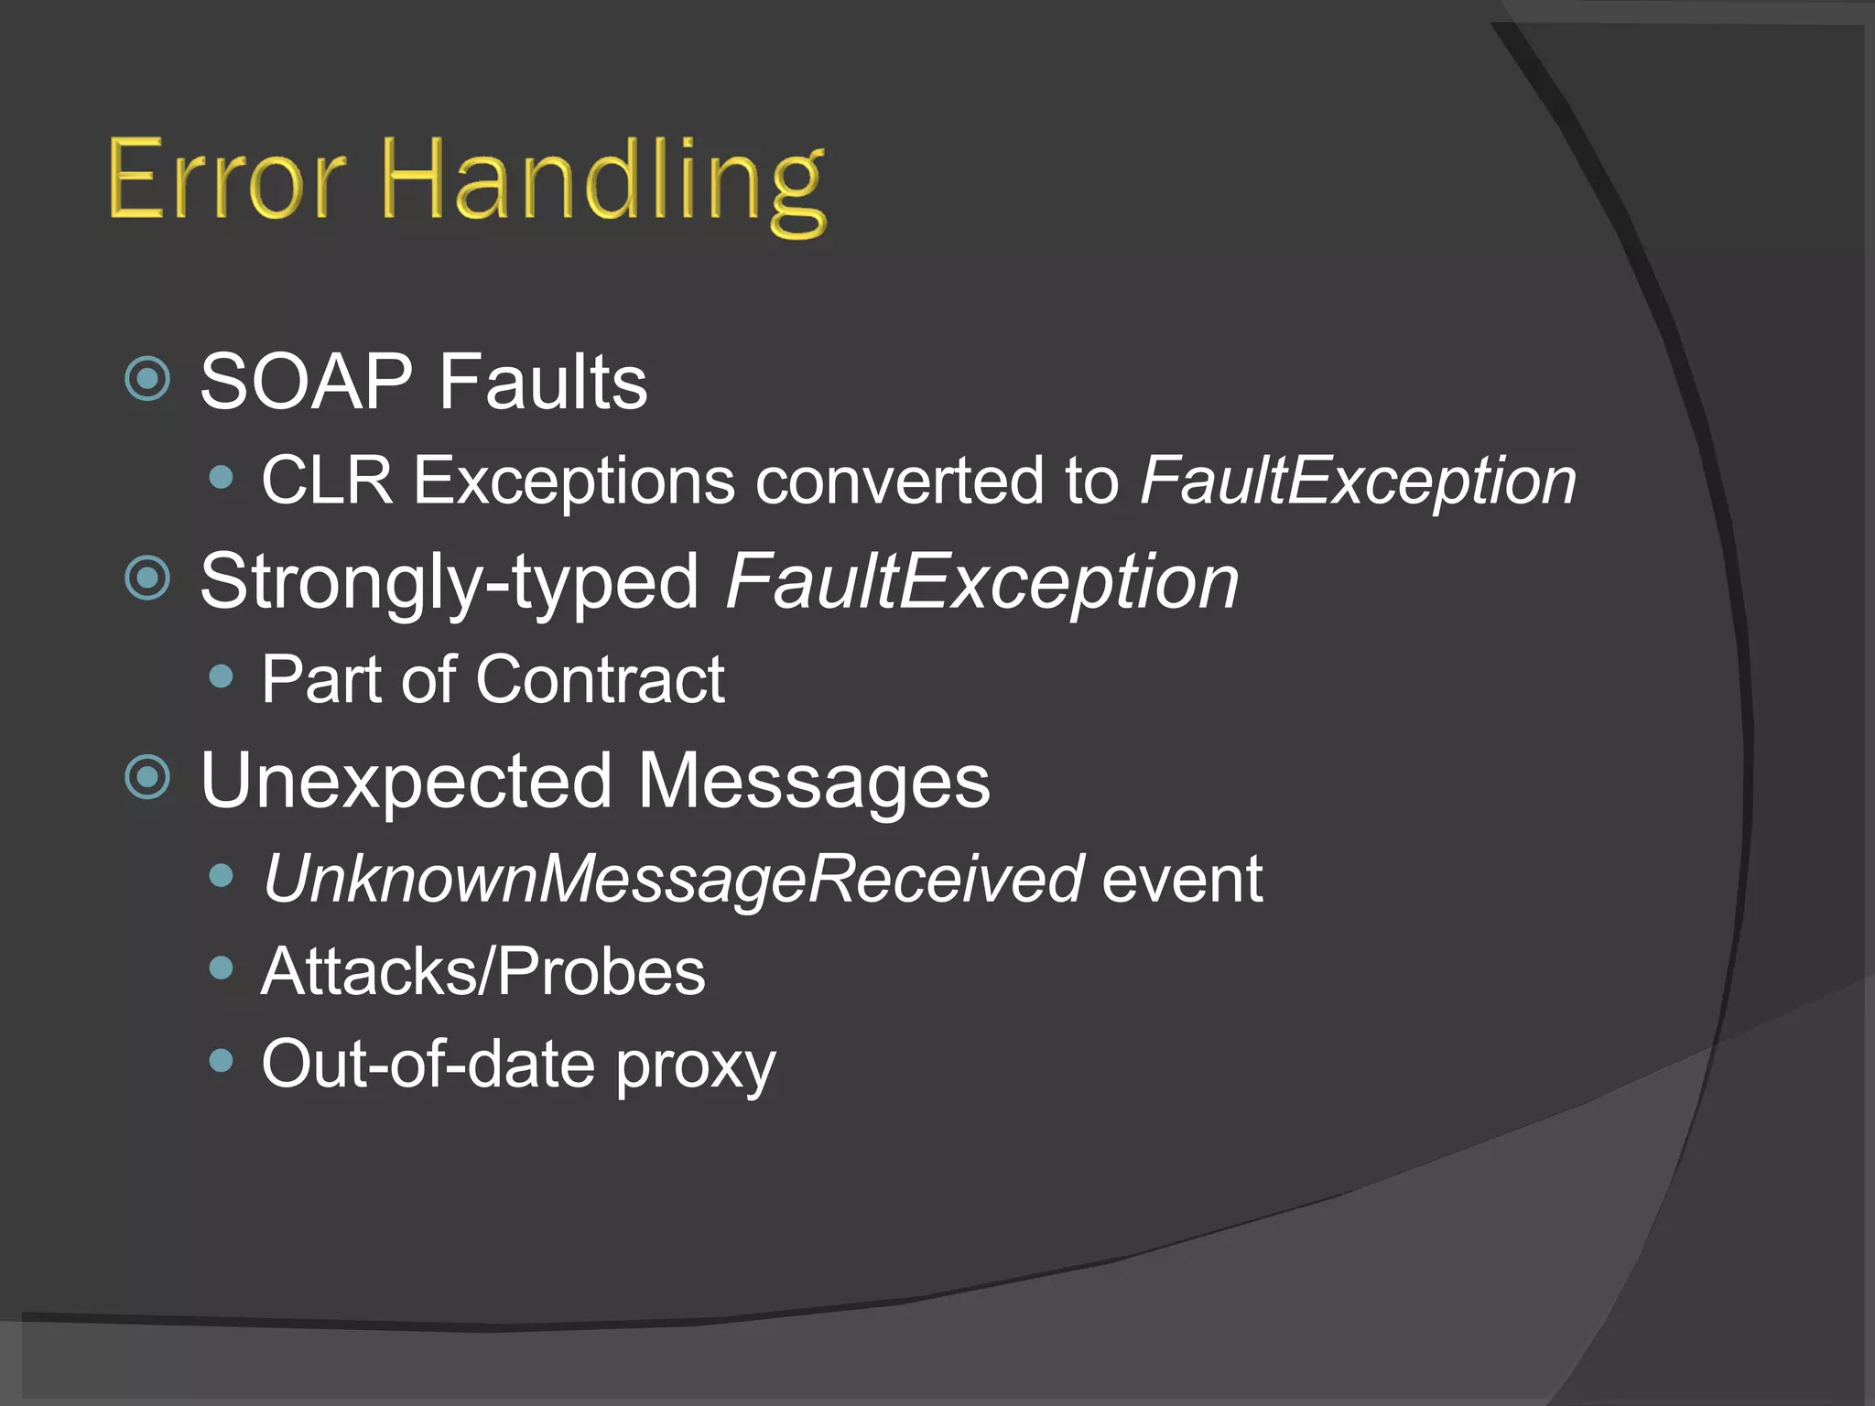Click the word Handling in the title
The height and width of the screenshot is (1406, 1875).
(604, 183)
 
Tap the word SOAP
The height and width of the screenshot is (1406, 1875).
(307, 382)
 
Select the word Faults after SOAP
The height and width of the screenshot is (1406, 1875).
(543, 382)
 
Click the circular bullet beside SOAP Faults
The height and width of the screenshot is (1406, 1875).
(147, 378)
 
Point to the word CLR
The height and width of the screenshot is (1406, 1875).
(327, 481)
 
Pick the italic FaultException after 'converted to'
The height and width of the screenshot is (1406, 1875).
(1358, 481)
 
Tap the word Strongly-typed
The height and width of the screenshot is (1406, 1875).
(449, 582)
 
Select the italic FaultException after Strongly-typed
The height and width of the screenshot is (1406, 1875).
(982, 582)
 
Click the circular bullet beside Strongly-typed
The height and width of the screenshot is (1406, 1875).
(147, 578)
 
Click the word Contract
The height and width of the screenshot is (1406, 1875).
(600, 679)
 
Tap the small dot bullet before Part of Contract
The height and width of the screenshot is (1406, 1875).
(221, 676)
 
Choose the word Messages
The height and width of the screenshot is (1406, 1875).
(814, 781)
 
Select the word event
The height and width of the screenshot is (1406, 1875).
(1181, 879)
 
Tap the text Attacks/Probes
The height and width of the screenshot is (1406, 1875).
(483, 971)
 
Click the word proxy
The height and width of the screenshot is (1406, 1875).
(695, 1066)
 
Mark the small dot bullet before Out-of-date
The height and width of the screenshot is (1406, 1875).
(221, 1061)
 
